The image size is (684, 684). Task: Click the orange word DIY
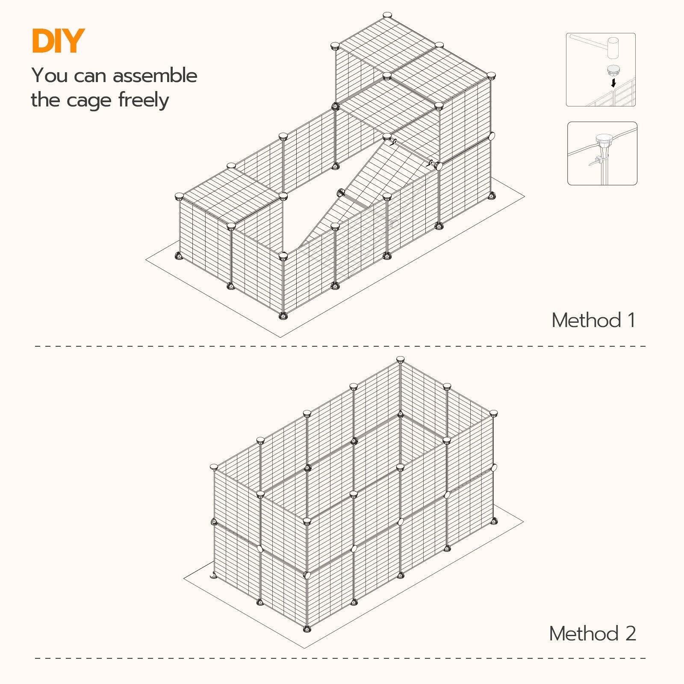[x=58, y=41]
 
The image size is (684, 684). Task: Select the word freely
[x=144, y=100]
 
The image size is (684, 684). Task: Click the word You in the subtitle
[x=50, y=76]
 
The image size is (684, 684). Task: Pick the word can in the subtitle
[x=90, y=76]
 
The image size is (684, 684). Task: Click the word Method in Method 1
[x=586, y=320]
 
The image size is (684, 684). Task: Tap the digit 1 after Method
[x=631, y=320]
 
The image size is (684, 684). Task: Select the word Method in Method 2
[x=584, y=634]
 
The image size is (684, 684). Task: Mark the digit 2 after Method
[x=631, y=634]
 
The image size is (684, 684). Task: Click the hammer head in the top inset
[x=613, y=47]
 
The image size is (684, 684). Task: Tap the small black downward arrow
[x=613, y=82]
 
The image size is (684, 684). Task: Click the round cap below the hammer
[x=613, y=69]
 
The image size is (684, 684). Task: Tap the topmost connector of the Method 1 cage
[x=387, y=15]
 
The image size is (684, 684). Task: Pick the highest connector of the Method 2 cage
[x=400, y=359]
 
